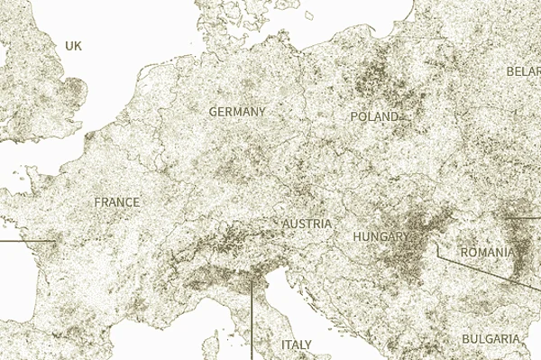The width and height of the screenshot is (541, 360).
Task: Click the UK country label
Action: click(x=73, y=45)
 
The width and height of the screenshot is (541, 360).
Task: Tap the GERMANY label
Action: click(x=237, y=112)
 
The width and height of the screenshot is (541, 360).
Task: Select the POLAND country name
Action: click(x=374, y=117)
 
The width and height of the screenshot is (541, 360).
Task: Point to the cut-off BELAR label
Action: click(x=523, y=71)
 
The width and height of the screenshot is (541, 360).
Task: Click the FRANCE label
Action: click(x=117, y=202)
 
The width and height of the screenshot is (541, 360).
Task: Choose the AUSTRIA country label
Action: click(x=307, y=223)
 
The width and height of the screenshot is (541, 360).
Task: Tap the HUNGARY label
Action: click(x=381, y=236)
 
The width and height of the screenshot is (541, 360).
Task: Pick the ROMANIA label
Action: click(x=487, y=253)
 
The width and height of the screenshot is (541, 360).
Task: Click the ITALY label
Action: click(x=296, y=345)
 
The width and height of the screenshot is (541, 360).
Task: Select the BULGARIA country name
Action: click(x=490, y=338)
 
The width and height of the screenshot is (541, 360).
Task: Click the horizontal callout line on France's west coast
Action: click(x=27, y=241)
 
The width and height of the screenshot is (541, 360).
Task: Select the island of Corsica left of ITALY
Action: click(x=214, y=346)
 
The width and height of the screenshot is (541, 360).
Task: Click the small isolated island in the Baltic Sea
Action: click(x=308, y=14)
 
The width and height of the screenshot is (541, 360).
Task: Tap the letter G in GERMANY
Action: click(x=213, y=112)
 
